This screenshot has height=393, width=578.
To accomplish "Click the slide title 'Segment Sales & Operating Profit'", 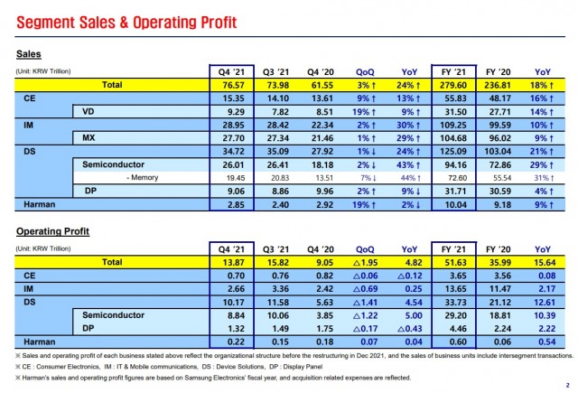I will (x=122, y=21).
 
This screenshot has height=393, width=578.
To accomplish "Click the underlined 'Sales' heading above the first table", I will (x=30, y=53).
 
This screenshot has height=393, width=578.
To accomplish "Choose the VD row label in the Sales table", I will (x=87, y=110).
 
